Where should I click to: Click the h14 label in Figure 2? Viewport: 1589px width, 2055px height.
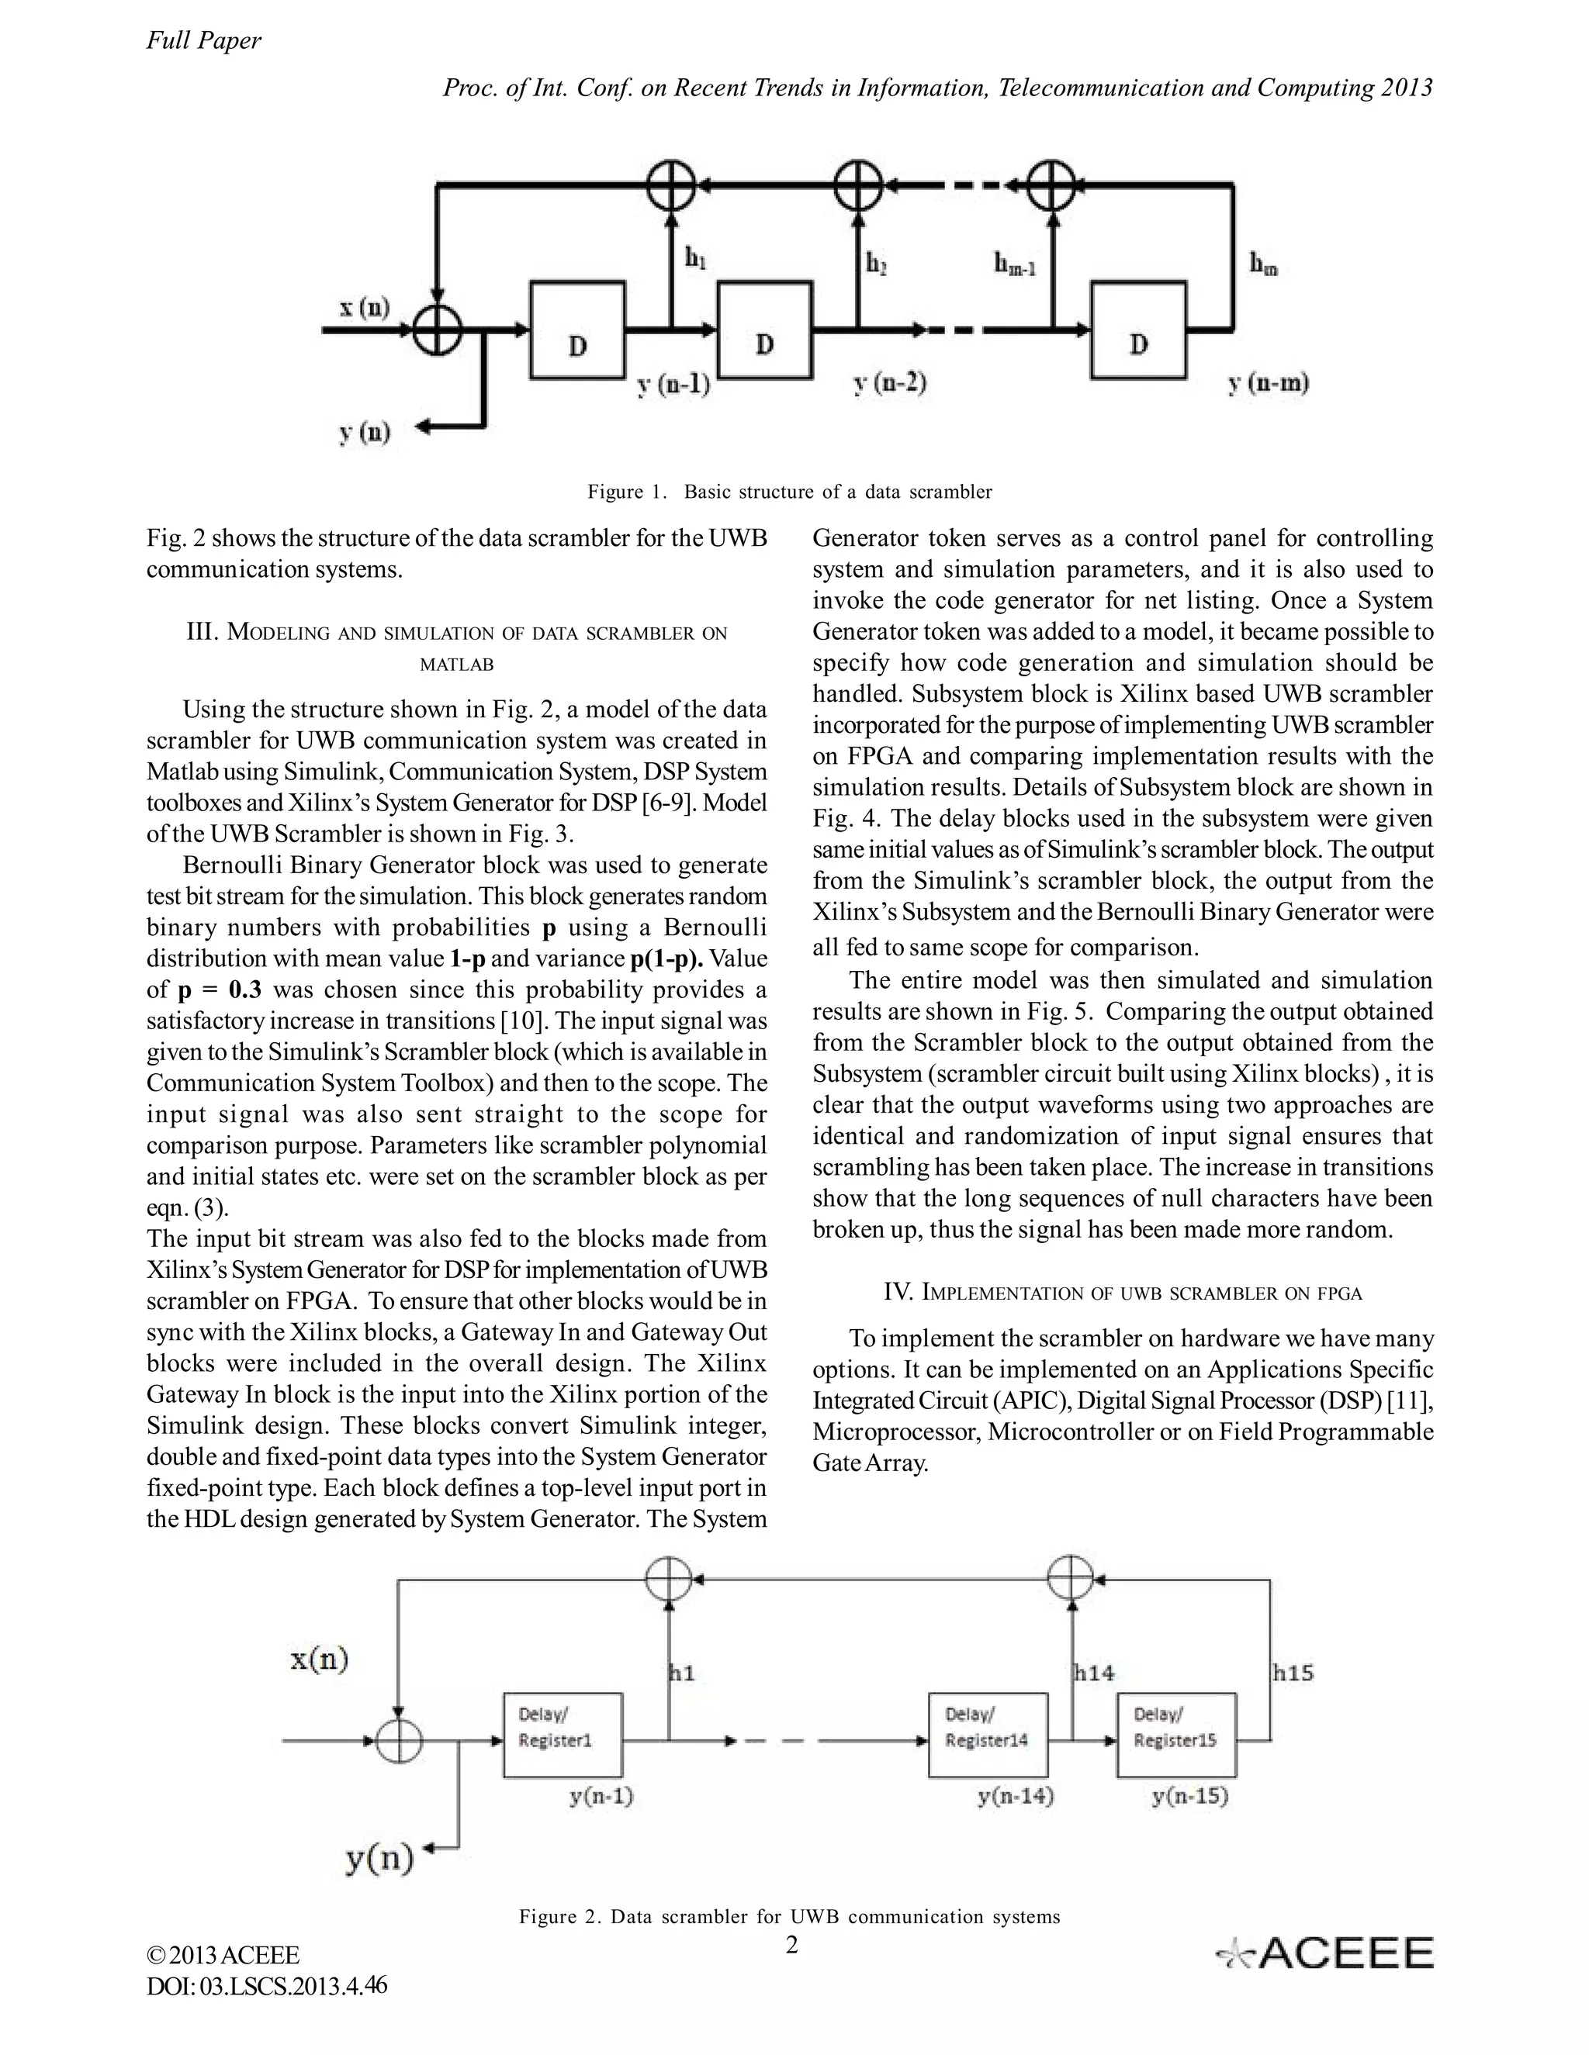(x=1094, y=1672)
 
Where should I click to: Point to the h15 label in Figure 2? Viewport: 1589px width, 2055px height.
(x=1293, y=1672)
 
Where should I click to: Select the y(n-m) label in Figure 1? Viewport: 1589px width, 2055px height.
(x=1268, y=383)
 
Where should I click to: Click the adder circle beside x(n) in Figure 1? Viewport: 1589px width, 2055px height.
(x=437, y=330)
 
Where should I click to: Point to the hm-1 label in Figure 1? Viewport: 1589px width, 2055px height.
(x=1014, y=265)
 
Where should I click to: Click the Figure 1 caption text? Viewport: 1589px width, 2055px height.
(x=789, y=491)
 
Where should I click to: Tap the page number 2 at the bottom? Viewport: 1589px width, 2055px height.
(x=791, y=1944)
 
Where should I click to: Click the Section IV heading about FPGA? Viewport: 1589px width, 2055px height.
(x=1122, y=1293)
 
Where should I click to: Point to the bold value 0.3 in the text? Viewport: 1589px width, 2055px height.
(x=244, y=990)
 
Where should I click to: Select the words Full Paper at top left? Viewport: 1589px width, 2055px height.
(x=203, y=40)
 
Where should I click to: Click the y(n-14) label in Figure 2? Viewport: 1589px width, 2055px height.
(x=1015, y=1796)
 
